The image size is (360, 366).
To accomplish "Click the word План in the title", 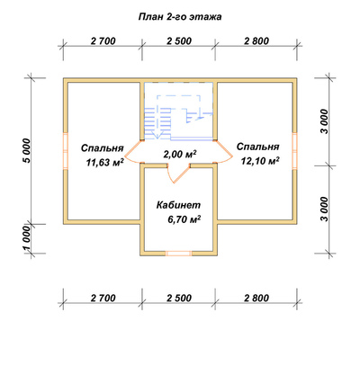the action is (x=150, y=17).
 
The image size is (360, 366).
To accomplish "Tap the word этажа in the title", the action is (x=206, y=17).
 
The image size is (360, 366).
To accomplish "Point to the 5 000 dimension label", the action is (x=26, y=151).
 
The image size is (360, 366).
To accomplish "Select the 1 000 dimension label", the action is (x=26, y=238).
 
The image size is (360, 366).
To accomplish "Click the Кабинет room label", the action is (x=178, y=205).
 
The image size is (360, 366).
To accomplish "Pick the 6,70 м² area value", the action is (x=184, y=219).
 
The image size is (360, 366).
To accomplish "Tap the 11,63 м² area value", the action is (x=105, y=163).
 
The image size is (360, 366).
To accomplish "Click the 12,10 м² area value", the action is (x=260, y=161).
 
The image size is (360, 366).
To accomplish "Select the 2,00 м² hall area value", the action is (x=180, y=154).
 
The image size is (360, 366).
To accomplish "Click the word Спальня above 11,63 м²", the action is (x=103, y=148).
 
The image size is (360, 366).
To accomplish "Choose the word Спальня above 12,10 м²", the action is (x=258, y=147).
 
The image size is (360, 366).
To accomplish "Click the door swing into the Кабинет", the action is (x=177, y=174).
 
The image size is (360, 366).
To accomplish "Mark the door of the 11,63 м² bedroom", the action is (x=132, y=151).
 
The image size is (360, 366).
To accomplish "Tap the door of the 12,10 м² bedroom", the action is (x=224, y=151).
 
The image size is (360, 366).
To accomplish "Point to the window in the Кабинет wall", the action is (x=179, y=254).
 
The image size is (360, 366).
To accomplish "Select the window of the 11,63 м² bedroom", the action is (x=66, y=151).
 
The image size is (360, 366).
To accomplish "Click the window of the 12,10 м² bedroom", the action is (x=295, y=151).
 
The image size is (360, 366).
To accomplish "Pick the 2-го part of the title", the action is (x=176, y=17).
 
